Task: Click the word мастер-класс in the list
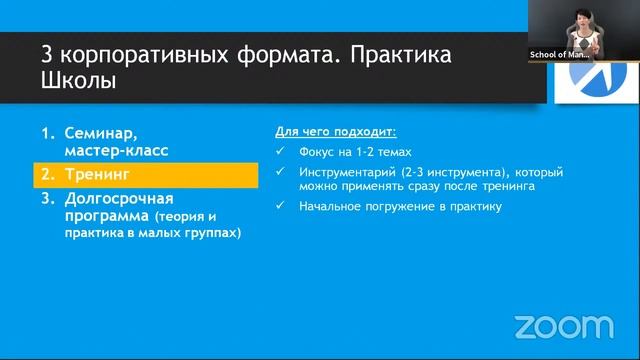[x=117, y=150]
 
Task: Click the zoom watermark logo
[x=563, y=326]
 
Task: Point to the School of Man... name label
[x=559, y=56]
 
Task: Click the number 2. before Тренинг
[x=48, y=174]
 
